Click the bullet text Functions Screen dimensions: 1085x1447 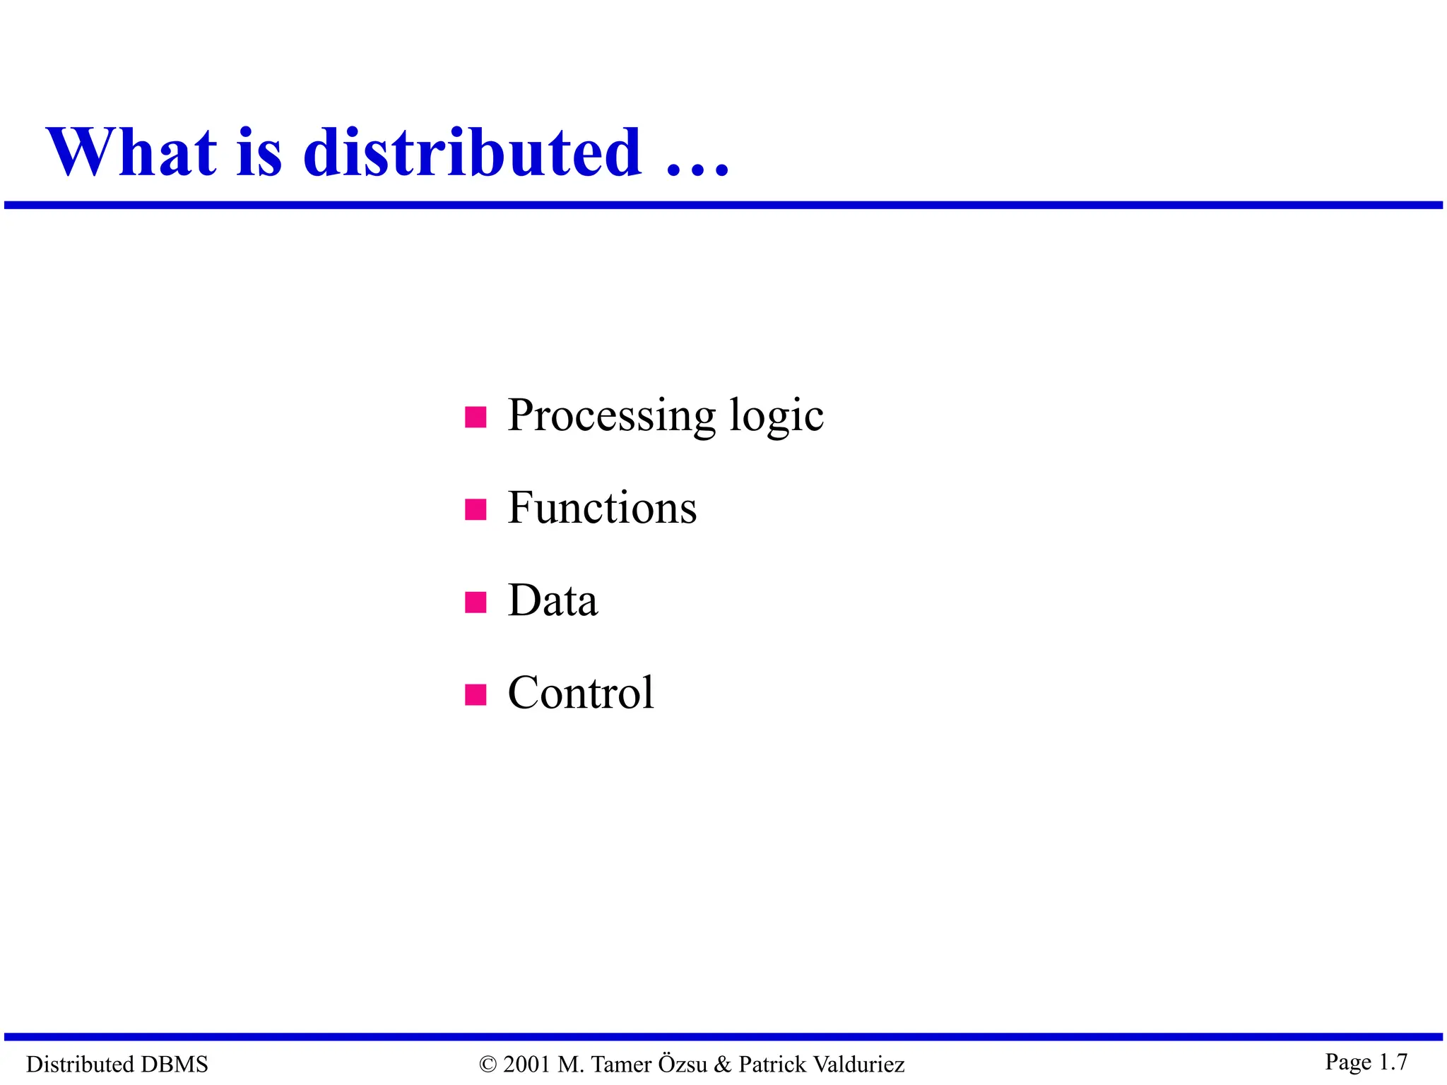tap(602, 508)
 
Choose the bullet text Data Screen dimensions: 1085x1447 tap(553, 600)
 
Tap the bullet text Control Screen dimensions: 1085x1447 tap(581, 693)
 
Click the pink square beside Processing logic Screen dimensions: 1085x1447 tap(476, 417)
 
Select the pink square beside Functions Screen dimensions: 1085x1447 tap(476, 509)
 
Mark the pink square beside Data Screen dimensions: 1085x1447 tap(476, 603)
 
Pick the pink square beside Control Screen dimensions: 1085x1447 tap(476, 694)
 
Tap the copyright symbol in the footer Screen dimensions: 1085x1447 tap(488, 1065)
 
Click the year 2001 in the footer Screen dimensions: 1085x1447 tap(526, 1064)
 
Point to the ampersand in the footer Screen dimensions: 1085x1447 tap(722, 1064)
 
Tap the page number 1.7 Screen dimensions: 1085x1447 tap(1393, 1062)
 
